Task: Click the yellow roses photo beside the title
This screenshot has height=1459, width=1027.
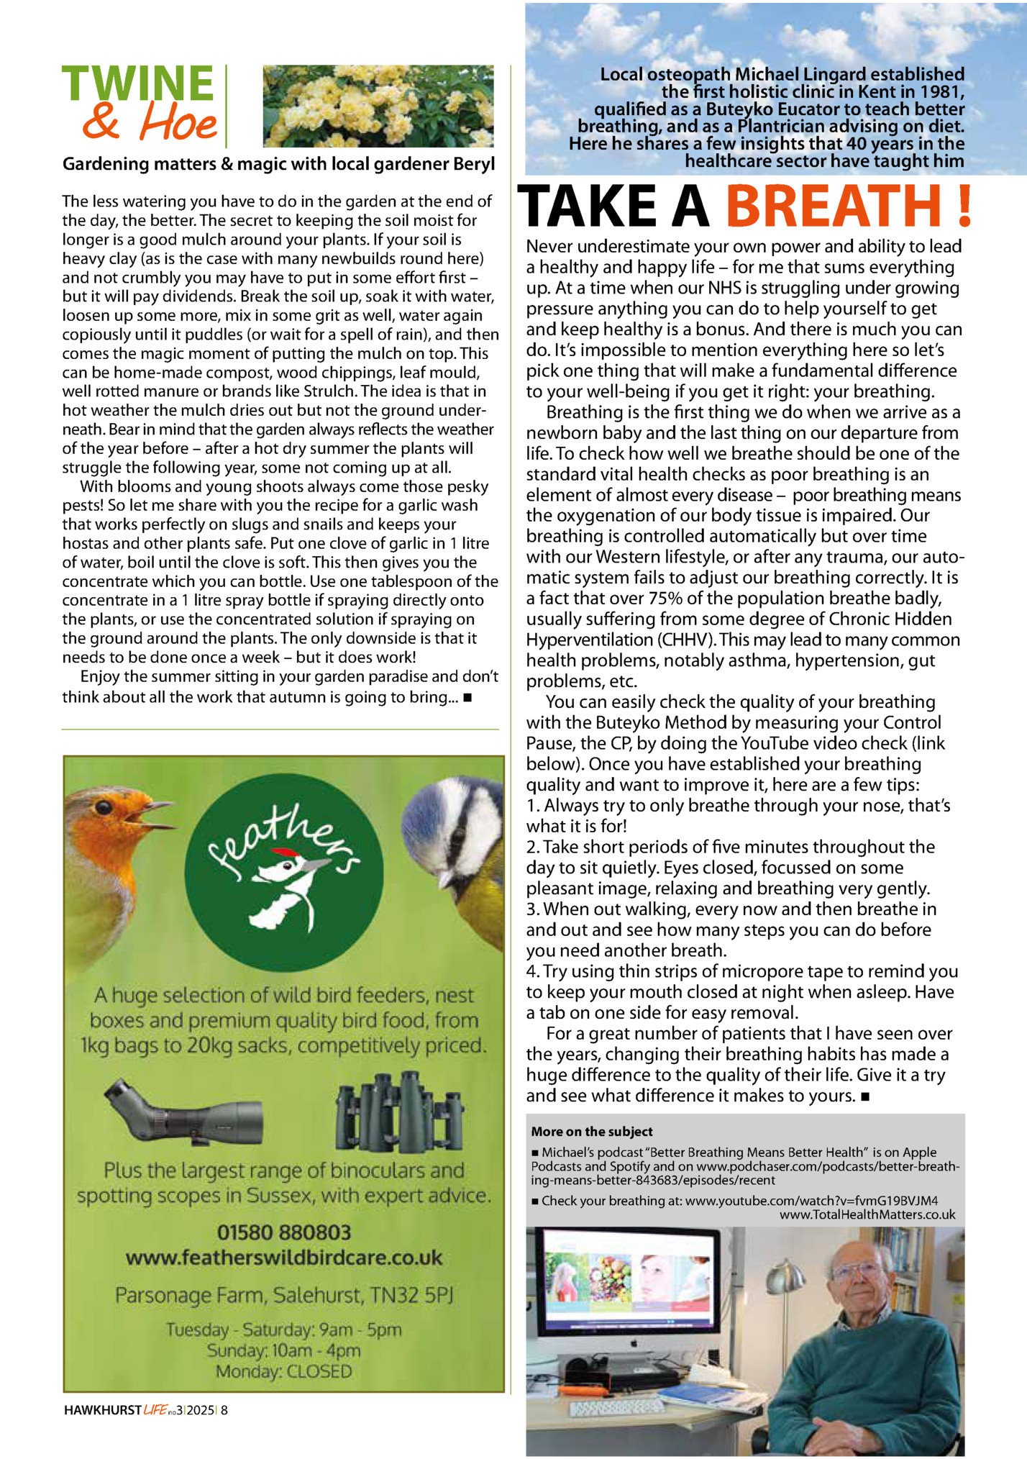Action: click(378, 106)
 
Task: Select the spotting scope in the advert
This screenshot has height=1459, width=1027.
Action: click(184, 1114)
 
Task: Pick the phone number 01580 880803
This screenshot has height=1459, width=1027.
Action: click(284, 1232)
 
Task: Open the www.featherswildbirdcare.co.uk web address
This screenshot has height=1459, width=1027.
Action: click(284, 1258)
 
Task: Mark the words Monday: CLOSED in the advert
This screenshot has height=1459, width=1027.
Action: click(284, 1371)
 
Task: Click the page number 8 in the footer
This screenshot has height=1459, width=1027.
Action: click(224, 1410)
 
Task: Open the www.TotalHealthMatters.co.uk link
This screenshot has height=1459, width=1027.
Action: click(867, 1214)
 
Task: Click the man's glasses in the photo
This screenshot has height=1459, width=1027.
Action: click(858, 1271)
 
